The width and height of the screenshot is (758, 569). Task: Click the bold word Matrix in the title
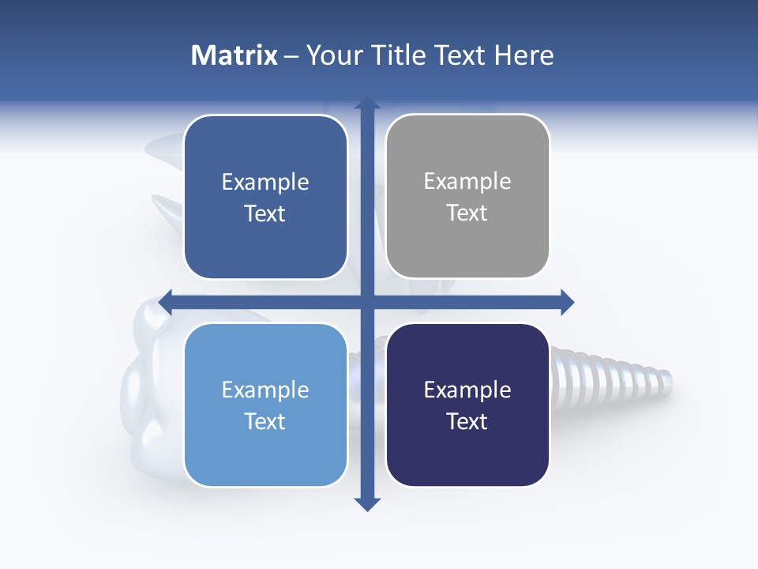point(234,55)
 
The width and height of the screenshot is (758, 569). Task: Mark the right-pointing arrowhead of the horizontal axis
point(567,302)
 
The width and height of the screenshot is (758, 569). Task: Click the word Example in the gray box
point(467,181)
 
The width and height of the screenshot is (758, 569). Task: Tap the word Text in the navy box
point(467,421)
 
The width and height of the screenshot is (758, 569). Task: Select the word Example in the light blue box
point(265,390)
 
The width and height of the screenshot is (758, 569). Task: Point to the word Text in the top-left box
point(265,213)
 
